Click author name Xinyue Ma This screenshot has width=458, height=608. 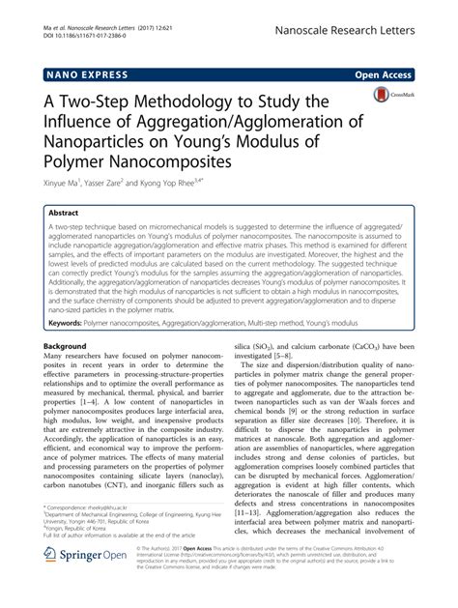click(66, 190)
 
